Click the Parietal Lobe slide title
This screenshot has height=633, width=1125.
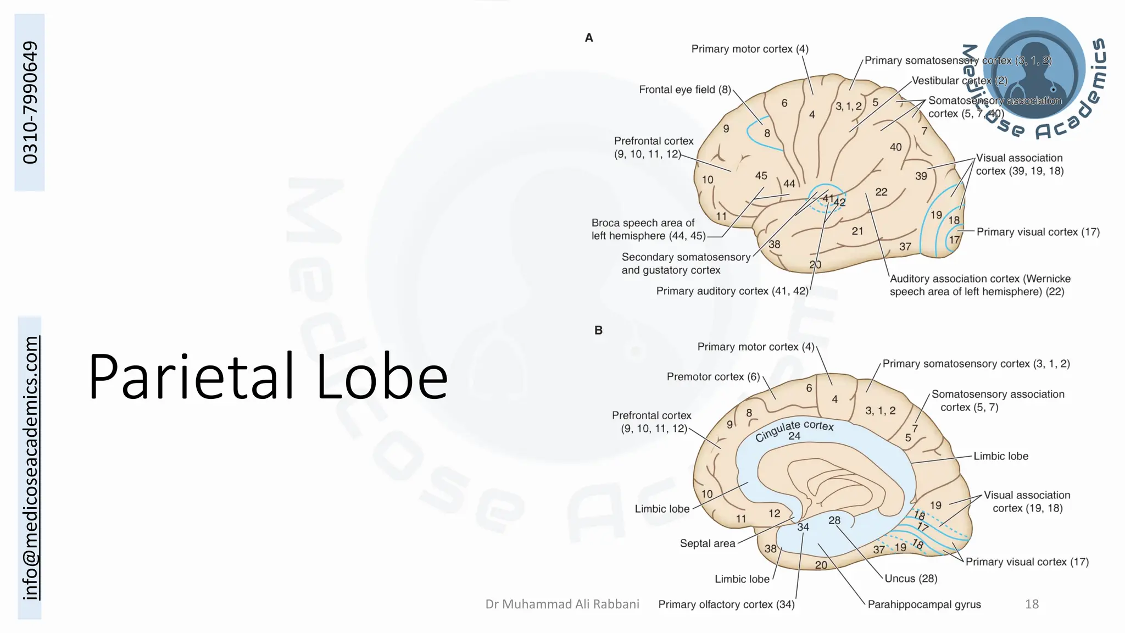(268, 377)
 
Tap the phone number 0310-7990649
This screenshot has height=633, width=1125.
(30, 103)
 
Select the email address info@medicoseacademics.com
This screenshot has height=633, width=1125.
(30, 468)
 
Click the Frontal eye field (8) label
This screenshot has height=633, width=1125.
(684, 90)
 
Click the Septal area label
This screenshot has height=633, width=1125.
(707, 543)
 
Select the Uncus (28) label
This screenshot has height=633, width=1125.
(910, 579)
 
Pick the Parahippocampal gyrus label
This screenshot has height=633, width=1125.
(924, 604)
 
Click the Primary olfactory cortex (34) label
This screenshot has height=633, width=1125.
(726, 604)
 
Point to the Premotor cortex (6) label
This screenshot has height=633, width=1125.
(713, 377)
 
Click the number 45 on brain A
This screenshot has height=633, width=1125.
(761, 176)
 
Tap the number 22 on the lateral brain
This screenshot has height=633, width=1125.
(881, 192)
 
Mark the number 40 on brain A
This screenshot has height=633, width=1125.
(895, 147)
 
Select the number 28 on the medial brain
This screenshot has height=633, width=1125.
(834, 520)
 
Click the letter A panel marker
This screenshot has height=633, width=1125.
(589, 38)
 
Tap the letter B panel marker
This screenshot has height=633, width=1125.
(598, 330)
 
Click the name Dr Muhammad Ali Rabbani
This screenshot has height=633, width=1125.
(562, 604)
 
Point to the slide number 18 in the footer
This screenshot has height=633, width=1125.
(1032, 604)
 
